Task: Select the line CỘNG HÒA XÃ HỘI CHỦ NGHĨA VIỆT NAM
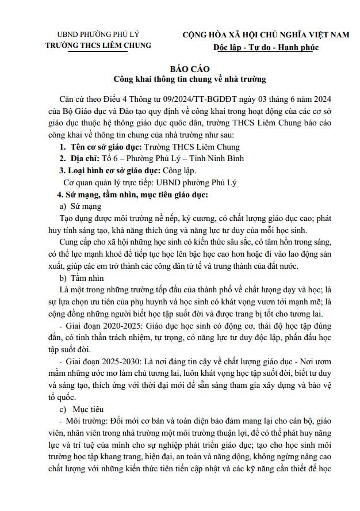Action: tap(266, 35)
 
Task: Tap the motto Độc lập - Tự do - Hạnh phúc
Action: tap(265, 47)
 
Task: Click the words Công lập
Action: tap(180, 170)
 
